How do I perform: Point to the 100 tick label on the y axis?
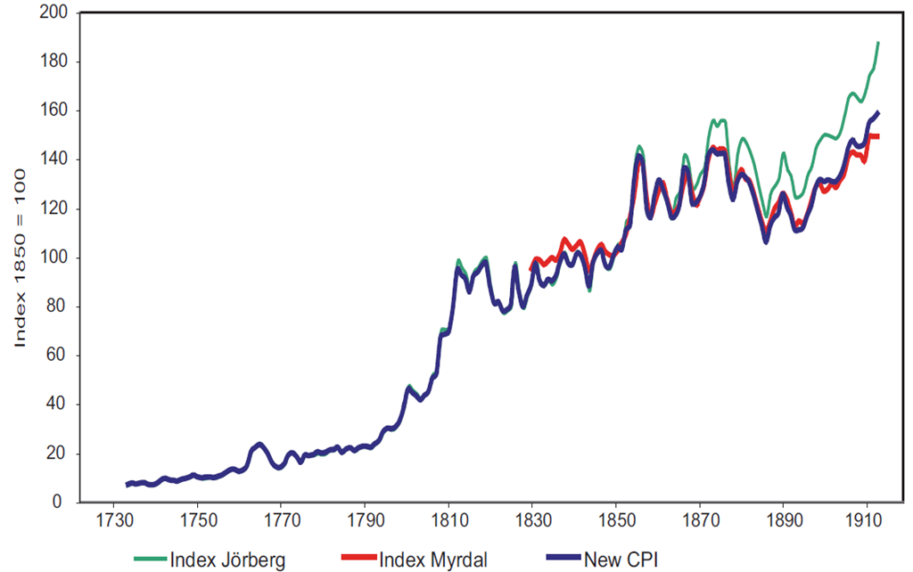(x=56, y=258)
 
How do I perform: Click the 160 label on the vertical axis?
(x=56, y=111)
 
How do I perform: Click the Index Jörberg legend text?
(x=227, y=560)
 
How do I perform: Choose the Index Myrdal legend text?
(x=434, y=560)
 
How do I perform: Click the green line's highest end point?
(x=878, y=43)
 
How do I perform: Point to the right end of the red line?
(x=879, y=136)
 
